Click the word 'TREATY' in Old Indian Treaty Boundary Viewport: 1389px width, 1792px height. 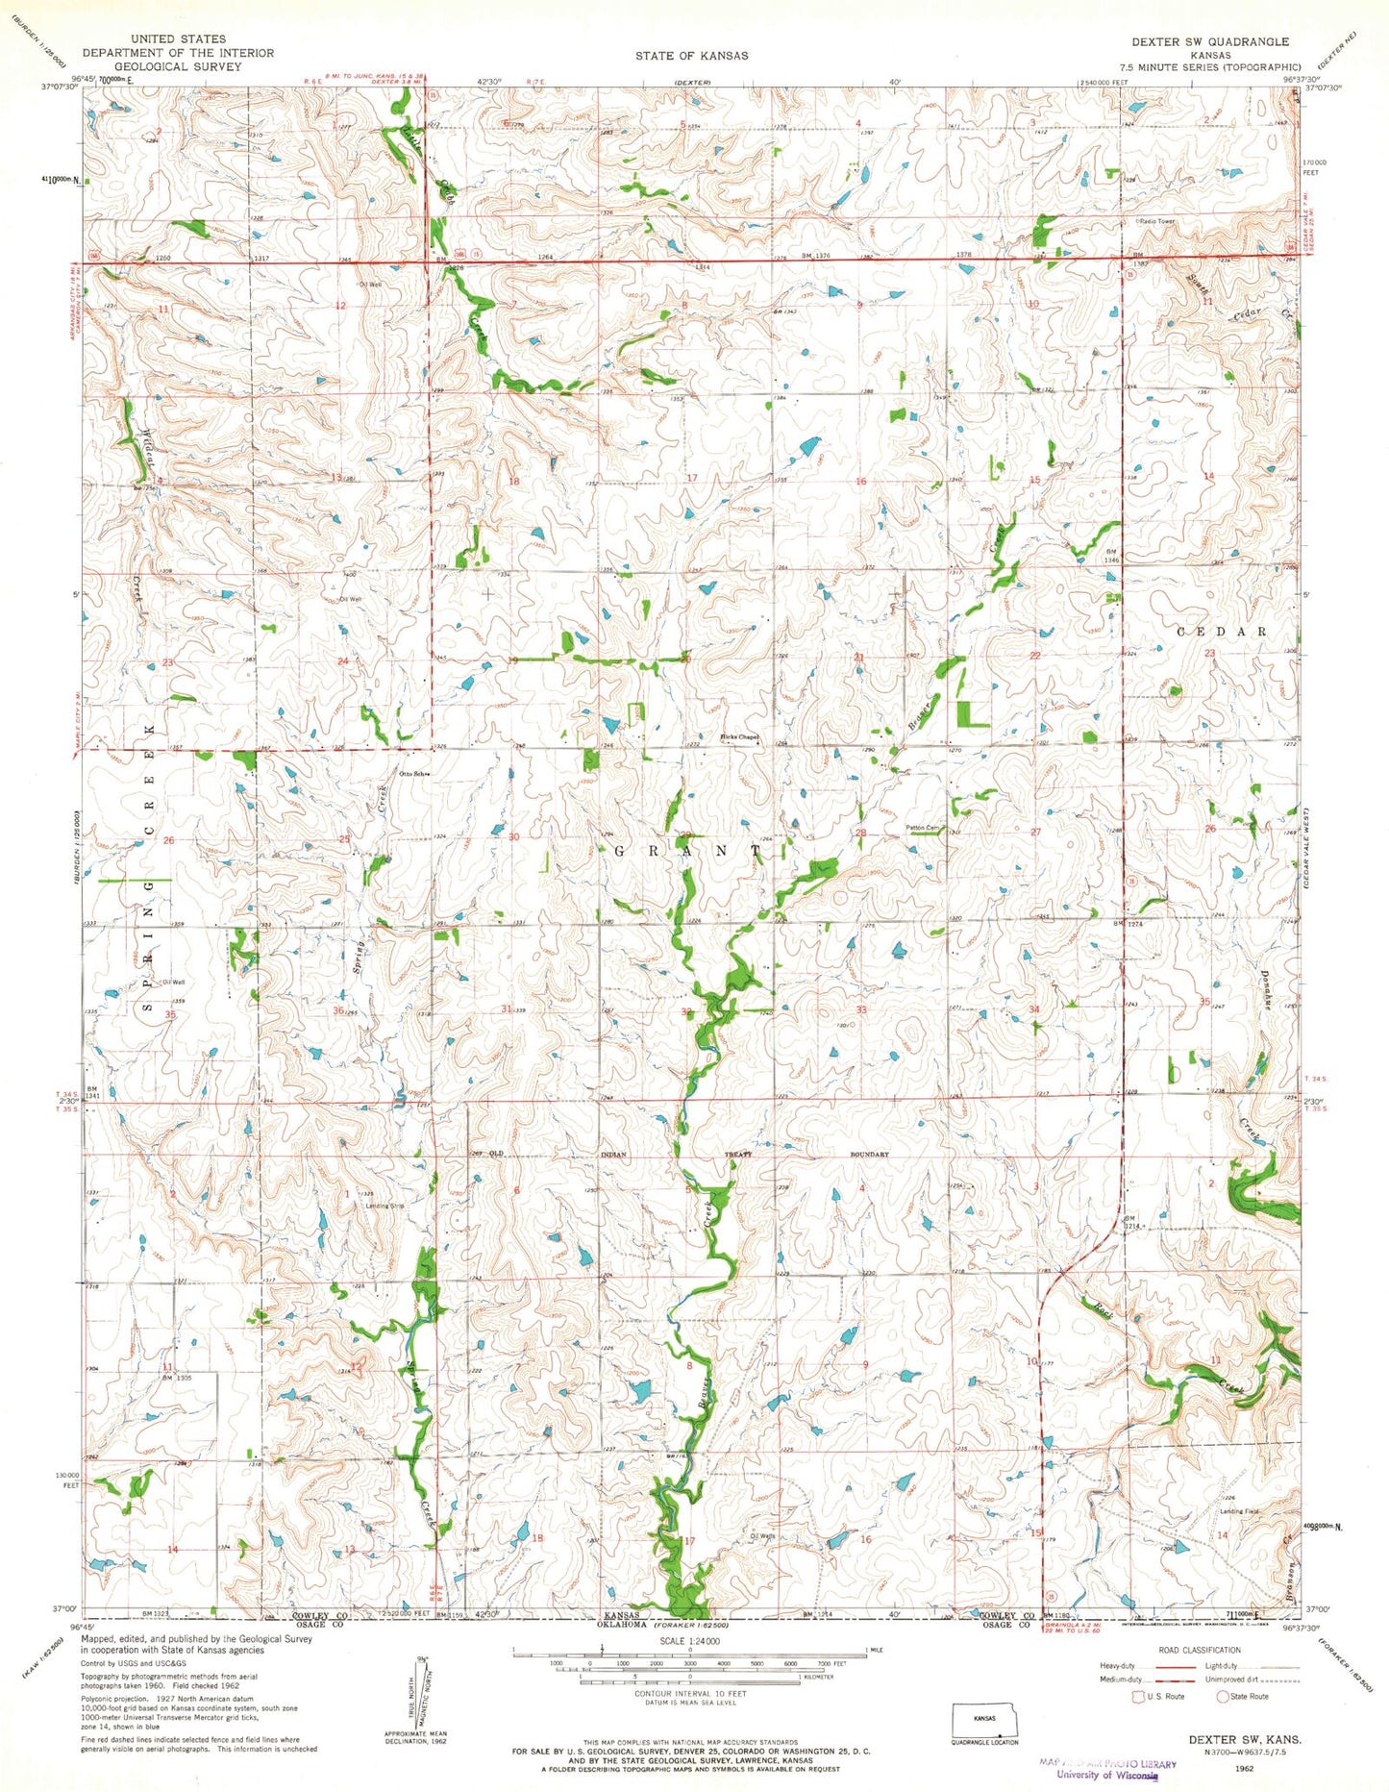click(x=738, y=1155)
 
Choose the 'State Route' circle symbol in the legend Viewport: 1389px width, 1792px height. click(x=1223, y=1696)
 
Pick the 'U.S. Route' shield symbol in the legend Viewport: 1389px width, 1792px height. click(x=1139, y=1696)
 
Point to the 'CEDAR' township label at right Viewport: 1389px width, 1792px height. click(x=1222, y=632)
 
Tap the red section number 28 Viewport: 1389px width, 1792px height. click(x=861, y=833)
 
